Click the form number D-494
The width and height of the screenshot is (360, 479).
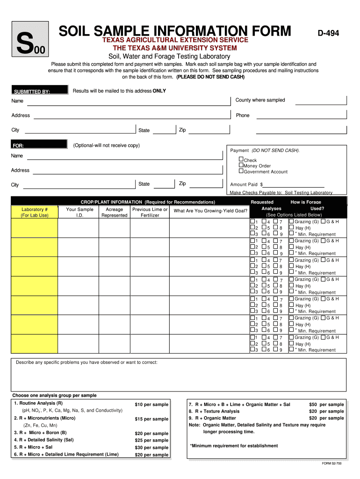pos(329,33)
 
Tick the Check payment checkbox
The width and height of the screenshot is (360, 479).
pos(241,160)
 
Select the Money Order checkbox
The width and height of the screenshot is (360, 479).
pos(241,165)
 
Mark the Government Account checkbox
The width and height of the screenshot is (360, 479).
pos(241,171)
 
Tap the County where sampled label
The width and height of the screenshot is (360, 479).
pos(260,100)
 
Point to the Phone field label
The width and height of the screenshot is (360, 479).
pos(243,116)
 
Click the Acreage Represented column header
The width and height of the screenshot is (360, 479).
pos(115,212)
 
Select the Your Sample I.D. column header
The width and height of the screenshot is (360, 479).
pos(79,212)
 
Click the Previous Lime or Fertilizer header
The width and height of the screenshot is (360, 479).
pos(150,212)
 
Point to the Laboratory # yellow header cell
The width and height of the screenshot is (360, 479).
pos(35,212)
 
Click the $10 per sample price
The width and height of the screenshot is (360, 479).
pos(151,404)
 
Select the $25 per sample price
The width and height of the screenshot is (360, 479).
pos(151,440)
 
